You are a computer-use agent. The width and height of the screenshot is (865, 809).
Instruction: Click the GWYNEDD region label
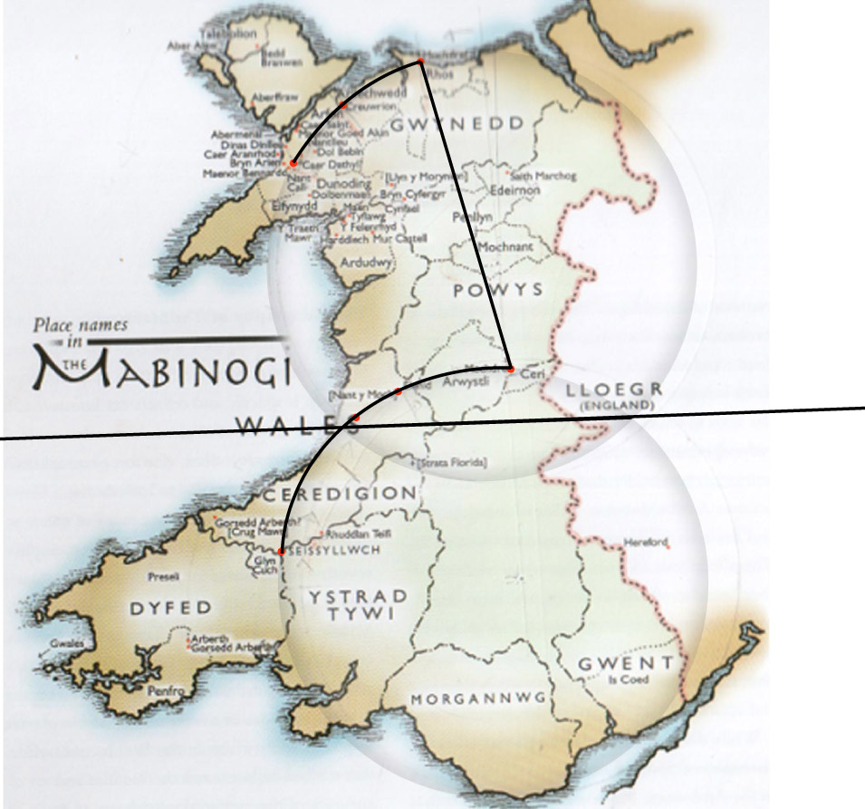pyautogui.click(x=457, y=123)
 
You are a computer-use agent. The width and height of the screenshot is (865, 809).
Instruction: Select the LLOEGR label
pyautogui.click(x=614, y=389)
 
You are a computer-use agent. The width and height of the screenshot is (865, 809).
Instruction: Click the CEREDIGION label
pyautogui.click(x=340, y=494)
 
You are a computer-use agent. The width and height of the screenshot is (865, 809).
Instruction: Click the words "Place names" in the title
pyautogui.click(x=81, y=324)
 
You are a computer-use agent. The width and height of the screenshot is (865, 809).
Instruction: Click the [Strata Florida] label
pyautogui.click(x=454, y=464)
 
